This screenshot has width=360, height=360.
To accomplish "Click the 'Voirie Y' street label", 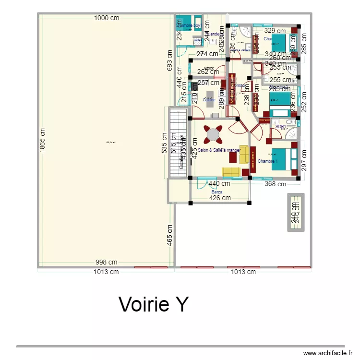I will [154, 304].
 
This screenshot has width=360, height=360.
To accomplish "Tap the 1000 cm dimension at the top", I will [107, 18].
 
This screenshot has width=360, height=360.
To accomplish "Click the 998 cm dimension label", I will [106, 262].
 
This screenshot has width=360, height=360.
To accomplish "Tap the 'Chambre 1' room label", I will [267, 161].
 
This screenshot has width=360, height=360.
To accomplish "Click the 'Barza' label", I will [216, 192].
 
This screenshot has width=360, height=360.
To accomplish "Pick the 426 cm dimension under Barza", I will [220, 198].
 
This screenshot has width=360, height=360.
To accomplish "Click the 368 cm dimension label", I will [276, 184].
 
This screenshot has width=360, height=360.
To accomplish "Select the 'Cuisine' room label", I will [209, 100].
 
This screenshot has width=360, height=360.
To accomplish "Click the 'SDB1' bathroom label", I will [281, 127].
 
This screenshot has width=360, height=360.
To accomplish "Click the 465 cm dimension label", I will [170, 235].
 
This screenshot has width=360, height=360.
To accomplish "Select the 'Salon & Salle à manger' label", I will [218, 150].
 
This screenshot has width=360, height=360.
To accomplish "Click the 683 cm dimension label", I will [169, 61].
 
